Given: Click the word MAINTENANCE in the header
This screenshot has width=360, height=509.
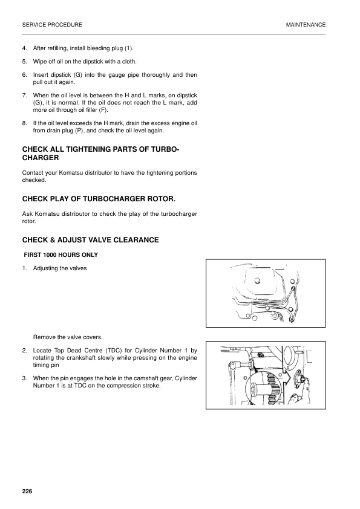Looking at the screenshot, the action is click(306, 25).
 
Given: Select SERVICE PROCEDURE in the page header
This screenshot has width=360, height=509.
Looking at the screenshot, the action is click(52, 25).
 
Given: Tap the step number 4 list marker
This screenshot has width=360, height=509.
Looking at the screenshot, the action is click(24, 48).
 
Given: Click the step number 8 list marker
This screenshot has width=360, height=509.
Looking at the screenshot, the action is click(24, 123).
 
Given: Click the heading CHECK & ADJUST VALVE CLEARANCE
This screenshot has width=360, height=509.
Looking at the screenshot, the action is click(90, 240).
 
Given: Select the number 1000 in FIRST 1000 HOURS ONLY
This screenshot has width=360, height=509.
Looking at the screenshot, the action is click(50, 254).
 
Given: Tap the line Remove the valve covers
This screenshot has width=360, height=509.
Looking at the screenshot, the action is click(68, 337).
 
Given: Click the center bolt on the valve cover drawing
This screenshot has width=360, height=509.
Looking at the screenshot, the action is click(258, 280).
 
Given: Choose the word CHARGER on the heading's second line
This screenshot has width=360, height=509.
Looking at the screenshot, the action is click(41, 158).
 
